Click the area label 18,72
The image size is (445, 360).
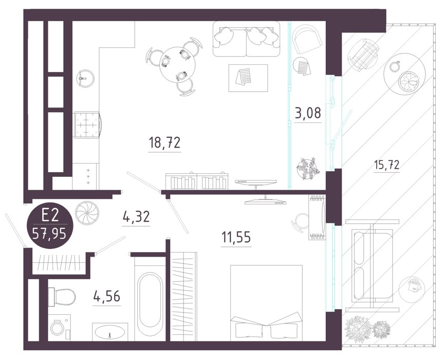[x=164, y=142]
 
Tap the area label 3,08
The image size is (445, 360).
[x=308, y=113]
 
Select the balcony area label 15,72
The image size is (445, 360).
[x=386, y=165]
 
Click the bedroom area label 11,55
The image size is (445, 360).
[x=236, y=237]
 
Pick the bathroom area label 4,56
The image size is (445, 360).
[x=107, y=296]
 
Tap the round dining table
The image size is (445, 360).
[x=178, y=65]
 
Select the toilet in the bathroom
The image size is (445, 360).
[x=62, y=297]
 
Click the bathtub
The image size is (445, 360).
[x=150, y=299]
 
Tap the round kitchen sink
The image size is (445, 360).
[x=85, y=78]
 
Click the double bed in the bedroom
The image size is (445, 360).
[x=266, y=303]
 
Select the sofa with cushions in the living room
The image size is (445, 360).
[x=246, y=39]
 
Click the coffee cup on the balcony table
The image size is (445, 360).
[x=394, y=66]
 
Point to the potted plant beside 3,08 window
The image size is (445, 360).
[x=308, y=169]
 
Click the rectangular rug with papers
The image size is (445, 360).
[x=248, y=78]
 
